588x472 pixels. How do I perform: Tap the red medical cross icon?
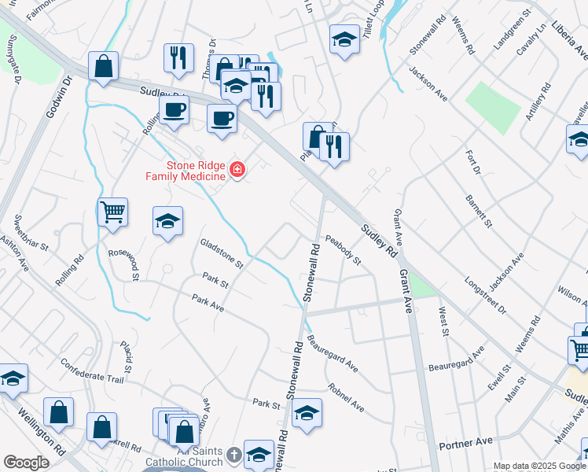click(236, 170)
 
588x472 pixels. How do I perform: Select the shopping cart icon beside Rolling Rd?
click(113, 211)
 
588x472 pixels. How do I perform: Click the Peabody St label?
click(343, 249)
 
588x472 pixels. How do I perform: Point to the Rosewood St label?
click(123, 264)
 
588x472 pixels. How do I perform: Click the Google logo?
click(26, 463)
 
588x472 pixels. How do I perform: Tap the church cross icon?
click(233, 455)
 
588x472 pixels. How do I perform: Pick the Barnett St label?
click(478, 211)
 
